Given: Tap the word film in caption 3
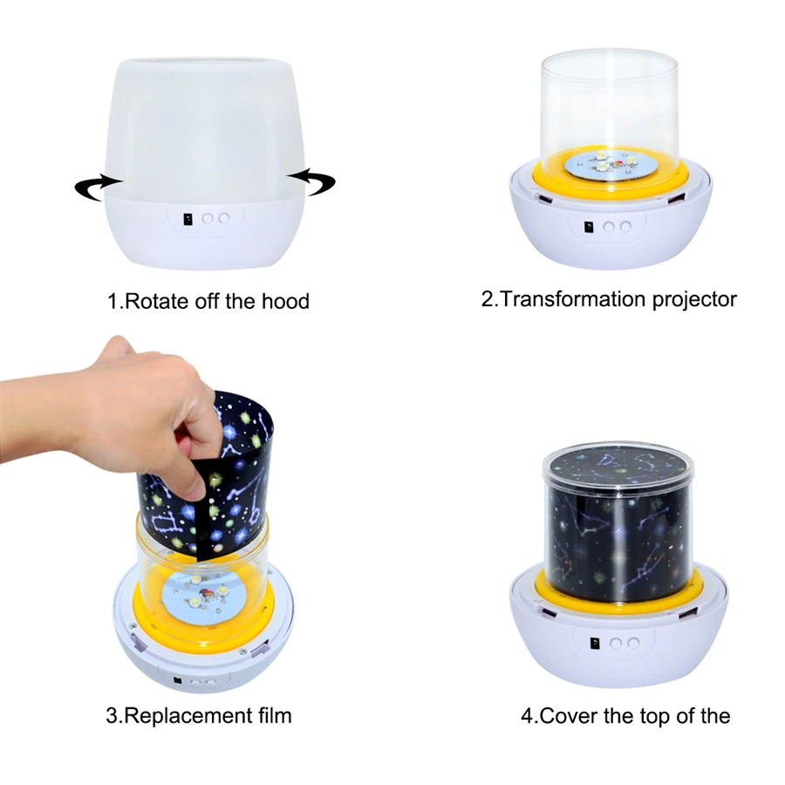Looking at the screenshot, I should point(271,716).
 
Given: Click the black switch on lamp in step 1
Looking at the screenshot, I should point(188,220).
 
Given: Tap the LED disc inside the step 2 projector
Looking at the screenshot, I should point(611,163).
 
